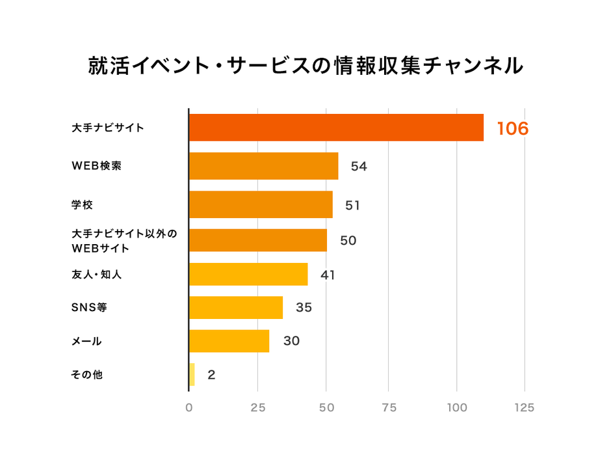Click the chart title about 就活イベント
pos(305,66)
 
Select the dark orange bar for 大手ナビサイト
pos(336,128)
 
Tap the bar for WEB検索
pos(263,166)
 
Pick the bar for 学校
pos(261,204)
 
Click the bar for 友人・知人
pos(248,274)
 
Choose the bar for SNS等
pos(236,307)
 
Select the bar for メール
pos(229,341)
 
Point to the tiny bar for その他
pos(192,374)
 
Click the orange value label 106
pos(513,129)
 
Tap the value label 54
pos(359,167)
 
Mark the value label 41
pos(328,275)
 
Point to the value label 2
pos(211,375)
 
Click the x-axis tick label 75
pos(389,408)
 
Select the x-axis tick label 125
pos(524,408)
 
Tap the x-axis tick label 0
pos(189,408)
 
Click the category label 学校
pos(82,205)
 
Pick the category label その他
pos(86,375)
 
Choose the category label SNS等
pos(88,307)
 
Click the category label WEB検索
pos(96,166)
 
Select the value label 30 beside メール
pos(291,341)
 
